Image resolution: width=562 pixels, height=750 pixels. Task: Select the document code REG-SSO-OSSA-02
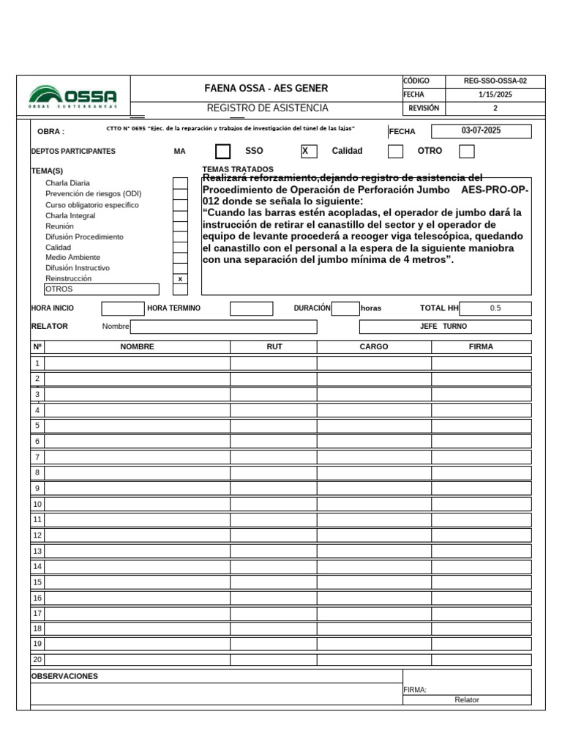click(x=495, y=81)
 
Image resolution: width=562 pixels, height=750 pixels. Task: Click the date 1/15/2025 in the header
click(x=495, y=94)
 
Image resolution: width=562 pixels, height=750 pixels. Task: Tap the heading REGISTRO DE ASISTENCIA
click(x=267, y=108)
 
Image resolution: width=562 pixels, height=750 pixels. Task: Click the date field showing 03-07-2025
click(x=481, y=131)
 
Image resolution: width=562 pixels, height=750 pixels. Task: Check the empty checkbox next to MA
click(x=223, y=152)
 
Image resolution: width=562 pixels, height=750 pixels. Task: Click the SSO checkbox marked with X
click(x=309, y=151)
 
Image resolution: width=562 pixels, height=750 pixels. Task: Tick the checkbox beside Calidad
click(x=395, y=152)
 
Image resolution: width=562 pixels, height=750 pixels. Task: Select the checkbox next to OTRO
click(x=466, y=152)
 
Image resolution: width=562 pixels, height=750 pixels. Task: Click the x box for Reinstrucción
click(x=180, y=279)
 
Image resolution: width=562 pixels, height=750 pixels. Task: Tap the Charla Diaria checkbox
click(x=180, y=183)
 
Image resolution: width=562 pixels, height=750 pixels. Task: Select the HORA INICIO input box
click(x=122, y=308)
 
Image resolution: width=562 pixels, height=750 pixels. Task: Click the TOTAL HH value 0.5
click(x=495, y=308)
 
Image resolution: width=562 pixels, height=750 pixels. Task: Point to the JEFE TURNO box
click(x=445, y=326)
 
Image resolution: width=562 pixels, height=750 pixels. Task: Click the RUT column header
click(x=274, y=346)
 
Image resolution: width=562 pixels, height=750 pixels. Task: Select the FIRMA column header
click(x=481, y=346)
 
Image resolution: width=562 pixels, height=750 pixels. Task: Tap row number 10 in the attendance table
click(x=37, y=504)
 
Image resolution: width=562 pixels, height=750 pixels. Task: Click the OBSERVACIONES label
click(x=64, y=676)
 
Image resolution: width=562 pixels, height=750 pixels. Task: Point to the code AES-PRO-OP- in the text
click(x=495, y=189)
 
